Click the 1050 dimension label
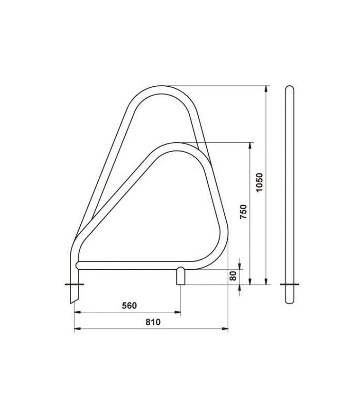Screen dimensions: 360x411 259,182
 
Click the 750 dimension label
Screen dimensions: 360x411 243,212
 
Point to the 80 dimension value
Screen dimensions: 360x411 233,276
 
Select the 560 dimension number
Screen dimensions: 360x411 130,305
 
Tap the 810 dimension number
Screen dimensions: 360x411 153,322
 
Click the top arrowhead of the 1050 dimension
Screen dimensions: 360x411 266,88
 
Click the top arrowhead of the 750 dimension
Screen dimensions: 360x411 250,146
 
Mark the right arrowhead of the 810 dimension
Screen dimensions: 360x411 225,328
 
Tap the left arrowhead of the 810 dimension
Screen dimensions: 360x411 78,328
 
